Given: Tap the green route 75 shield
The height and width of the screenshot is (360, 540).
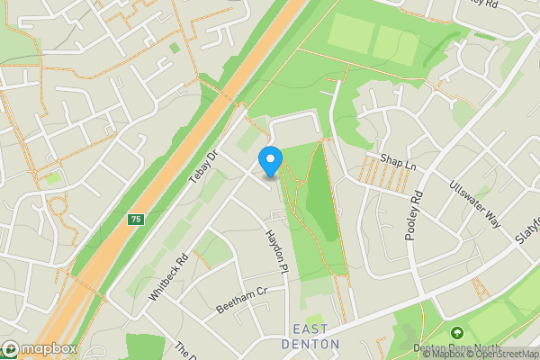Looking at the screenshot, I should [136, 219].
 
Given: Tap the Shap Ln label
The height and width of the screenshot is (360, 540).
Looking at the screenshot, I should [400, 160].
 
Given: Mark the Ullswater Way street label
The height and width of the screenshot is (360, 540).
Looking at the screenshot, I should [474, 204].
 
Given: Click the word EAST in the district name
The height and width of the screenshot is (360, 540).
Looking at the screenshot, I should [310, 329].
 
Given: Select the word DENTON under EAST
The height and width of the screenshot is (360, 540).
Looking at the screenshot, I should [310, 344].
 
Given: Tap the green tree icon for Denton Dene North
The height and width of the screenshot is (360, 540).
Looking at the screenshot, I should [456, 334].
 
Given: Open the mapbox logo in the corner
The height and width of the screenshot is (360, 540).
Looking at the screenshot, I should [40, 348].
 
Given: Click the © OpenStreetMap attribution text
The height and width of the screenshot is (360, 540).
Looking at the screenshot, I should [499, 354].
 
